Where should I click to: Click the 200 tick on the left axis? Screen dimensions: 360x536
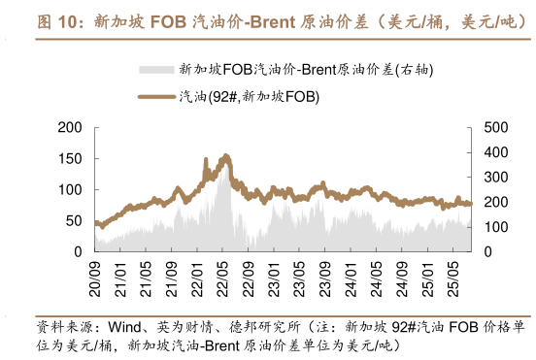point(71,127)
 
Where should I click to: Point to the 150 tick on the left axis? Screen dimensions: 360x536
point(71,158)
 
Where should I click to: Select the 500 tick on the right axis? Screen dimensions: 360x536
point(494,127)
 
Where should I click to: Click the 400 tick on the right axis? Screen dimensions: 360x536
point(494,152)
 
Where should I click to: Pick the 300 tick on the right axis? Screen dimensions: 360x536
point(494,177)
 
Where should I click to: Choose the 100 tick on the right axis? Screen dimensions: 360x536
point(494,227)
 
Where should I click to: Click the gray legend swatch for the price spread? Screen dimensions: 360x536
point(156,69)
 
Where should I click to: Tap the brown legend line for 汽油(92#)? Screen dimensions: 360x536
point(156,95)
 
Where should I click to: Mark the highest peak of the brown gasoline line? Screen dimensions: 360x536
point(225,155)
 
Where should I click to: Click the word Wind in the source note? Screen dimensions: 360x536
point(125,326)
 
